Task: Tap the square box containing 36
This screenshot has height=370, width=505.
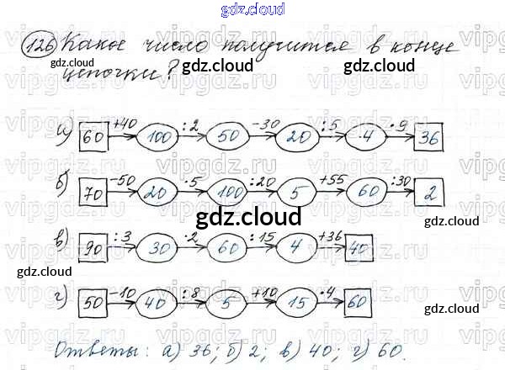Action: click(431, 138)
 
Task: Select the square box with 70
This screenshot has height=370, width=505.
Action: click(93, 194)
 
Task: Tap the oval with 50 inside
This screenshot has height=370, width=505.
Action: click(226, 137)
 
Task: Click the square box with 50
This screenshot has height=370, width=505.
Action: click(93, 300)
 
